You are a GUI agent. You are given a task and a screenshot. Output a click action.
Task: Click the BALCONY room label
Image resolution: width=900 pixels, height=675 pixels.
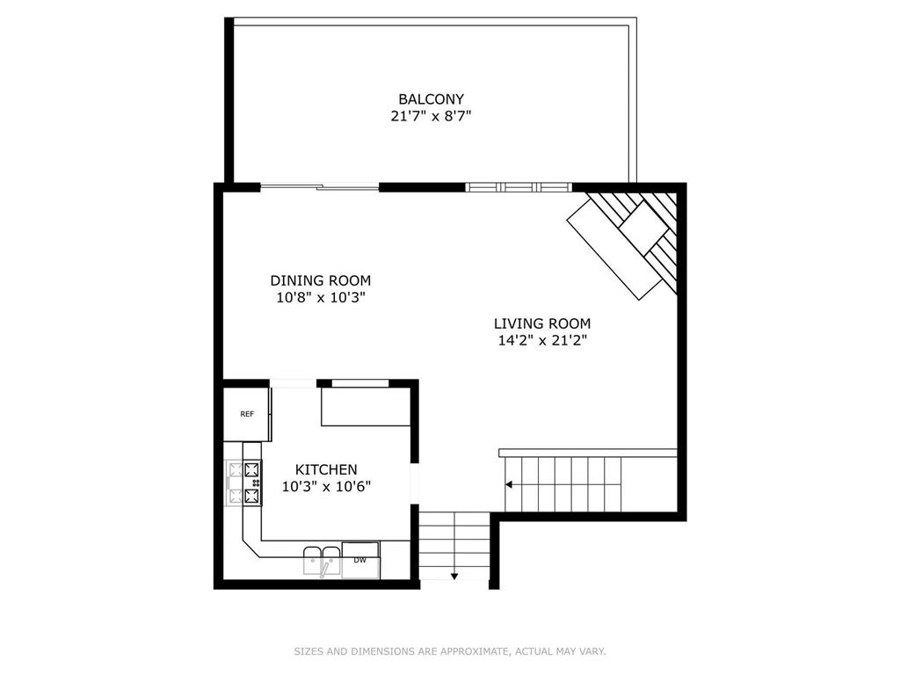[x=431, y=98]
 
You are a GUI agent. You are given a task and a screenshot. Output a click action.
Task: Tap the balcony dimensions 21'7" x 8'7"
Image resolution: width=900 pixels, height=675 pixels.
[x=431, y=116]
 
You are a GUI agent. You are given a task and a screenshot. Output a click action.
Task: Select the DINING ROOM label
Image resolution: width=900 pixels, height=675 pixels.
[x=320, y=280]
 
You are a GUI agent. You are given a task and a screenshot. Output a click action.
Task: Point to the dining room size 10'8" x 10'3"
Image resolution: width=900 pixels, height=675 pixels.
[x=321, y=298]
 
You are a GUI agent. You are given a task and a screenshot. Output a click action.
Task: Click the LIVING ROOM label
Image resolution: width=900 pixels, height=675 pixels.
[x=542, y=323]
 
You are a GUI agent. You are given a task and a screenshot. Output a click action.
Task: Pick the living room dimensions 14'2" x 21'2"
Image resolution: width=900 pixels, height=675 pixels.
[x=542, y=340]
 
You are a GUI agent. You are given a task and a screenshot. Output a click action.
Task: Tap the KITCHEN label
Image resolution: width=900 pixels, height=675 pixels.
[x=326, y=469]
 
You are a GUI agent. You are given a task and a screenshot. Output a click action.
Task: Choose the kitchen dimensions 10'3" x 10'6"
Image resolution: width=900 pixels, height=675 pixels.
[x=326, y=487]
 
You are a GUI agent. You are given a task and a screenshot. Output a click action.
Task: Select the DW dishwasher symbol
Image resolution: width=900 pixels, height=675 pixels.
[x=360, y=560]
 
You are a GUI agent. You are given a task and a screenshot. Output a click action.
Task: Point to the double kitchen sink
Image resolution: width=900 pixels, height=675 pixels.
[x=322, y=561]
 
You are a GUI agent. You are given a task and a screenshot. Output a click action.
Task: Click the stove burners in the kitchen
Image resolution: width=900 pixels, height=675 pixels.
[x=244, y=483]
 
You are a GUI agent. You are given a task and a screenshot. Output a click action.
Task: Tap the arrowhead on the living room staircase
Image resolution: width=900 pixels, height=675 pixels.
[x=509, y=485]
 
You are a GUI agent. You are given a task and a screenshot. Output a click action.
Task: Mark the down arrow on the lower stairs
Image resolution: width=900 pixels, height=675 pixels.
[x=454, y=576]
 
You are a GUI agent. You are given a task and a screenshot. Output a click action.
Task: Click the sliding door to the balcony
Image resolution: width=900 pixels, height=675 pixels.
[x=320, y=186]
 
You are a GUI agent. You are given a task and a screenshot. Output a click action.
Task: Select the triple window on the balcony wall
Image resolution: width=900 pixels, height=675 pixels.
[x=519, y=186]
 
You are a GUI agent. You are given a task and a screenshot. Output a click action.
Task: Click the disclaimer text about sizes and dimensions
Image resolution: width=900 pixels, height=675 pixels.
[x=450, y=651]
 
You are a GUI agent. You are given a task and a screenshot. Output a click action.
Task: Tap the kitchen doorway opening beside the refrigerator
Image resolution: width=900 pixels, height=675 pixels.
[x=294, y=383]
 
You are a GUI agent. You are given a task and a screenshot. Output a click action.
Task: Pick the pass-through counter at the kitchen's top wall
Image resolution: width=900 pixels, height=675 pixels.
[x=366, y=406]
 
